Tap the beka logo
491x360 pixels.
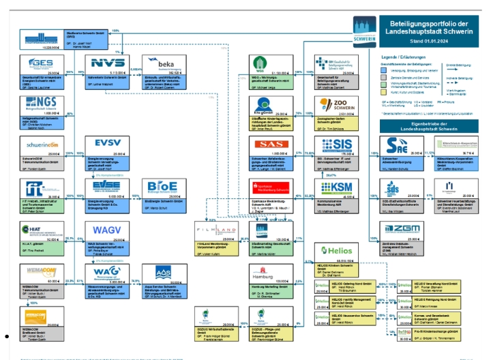pos(161,63)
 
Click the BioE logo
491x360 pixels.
pos(162,186)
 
